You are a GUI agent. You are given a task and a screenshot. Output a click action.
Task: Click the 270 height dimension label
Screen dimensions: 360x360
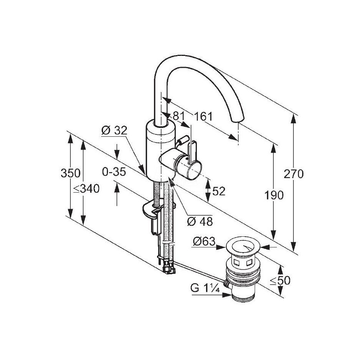(x=293, y=174)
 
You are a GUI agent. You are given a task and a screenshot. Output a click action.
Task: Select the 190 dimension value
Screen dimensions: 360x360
(x=274, y=195)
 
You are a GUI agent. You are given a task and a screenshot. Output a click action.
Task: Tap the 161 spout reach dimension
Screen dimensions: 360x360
(x=203, y=116)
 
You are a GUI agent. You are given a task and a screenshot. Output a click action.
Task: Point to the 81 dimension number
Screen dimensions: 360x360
(x=179, y=116)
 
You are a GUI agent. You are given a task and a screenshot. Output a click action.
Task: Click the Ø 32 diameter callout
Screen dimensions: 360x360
(x=115, y=131)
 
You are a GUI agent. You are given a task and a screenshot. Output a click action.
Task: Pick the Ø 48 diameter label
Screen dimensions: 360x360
(x=200, y=222)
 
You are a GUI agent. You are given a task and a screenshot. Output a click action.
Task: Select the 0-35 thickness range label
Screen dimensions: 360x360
(x=114, y=172)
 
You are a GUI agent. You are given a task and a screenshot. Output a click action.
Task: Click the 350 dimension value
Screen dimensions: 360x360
(x=70, y=173)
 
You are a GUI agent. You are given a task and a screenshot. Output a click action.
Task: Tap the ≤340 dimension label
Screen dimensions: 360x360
(x=86, y=189)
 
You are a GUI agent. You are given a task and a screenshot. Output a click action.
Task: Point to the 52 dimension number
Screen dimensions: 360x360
(x=219, y=191)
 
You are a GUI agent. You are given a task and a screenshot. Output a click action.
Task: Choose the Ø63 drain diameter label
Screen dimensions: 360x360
(x=204, y=242)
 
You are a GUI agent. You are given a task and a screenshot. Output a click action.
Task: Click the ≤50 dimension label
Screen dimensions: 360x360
(x=280, y=280)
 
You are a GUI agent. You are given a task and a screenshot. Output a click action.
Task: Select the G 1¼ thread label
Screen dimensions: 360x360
(x=205, y=288)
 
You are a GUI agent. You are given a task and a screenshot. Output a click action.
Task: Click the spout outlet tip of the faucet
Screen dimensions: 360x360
(x=237, y=120)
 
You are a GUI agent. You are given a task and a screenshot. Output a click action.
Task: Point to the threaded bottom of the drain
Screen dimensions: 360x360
(x=243, y=297)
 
